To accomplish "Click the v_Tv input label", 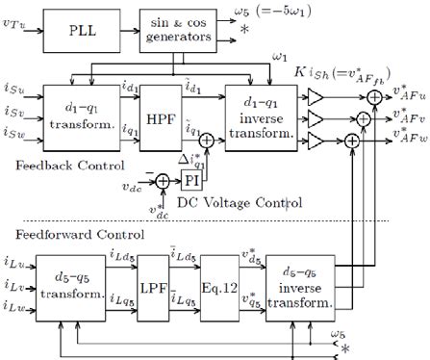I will [x=16, y=21].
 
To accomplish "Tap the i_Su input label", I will [x=16, y=93].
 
